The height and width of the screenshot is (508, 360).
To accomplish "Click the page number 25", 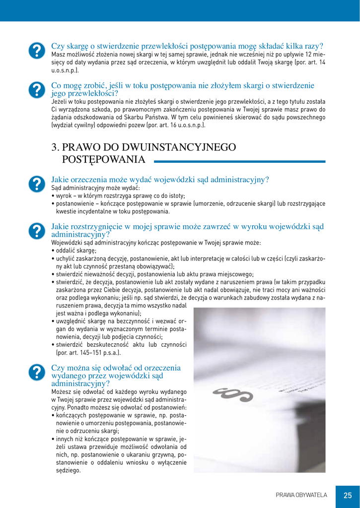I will [347, 495].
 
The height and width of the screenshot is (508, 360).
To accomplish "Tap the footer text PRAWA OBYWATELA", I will [301, 495].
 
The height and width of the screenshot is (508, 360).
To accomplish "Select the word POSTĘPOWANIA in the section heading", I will [103, 159].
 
